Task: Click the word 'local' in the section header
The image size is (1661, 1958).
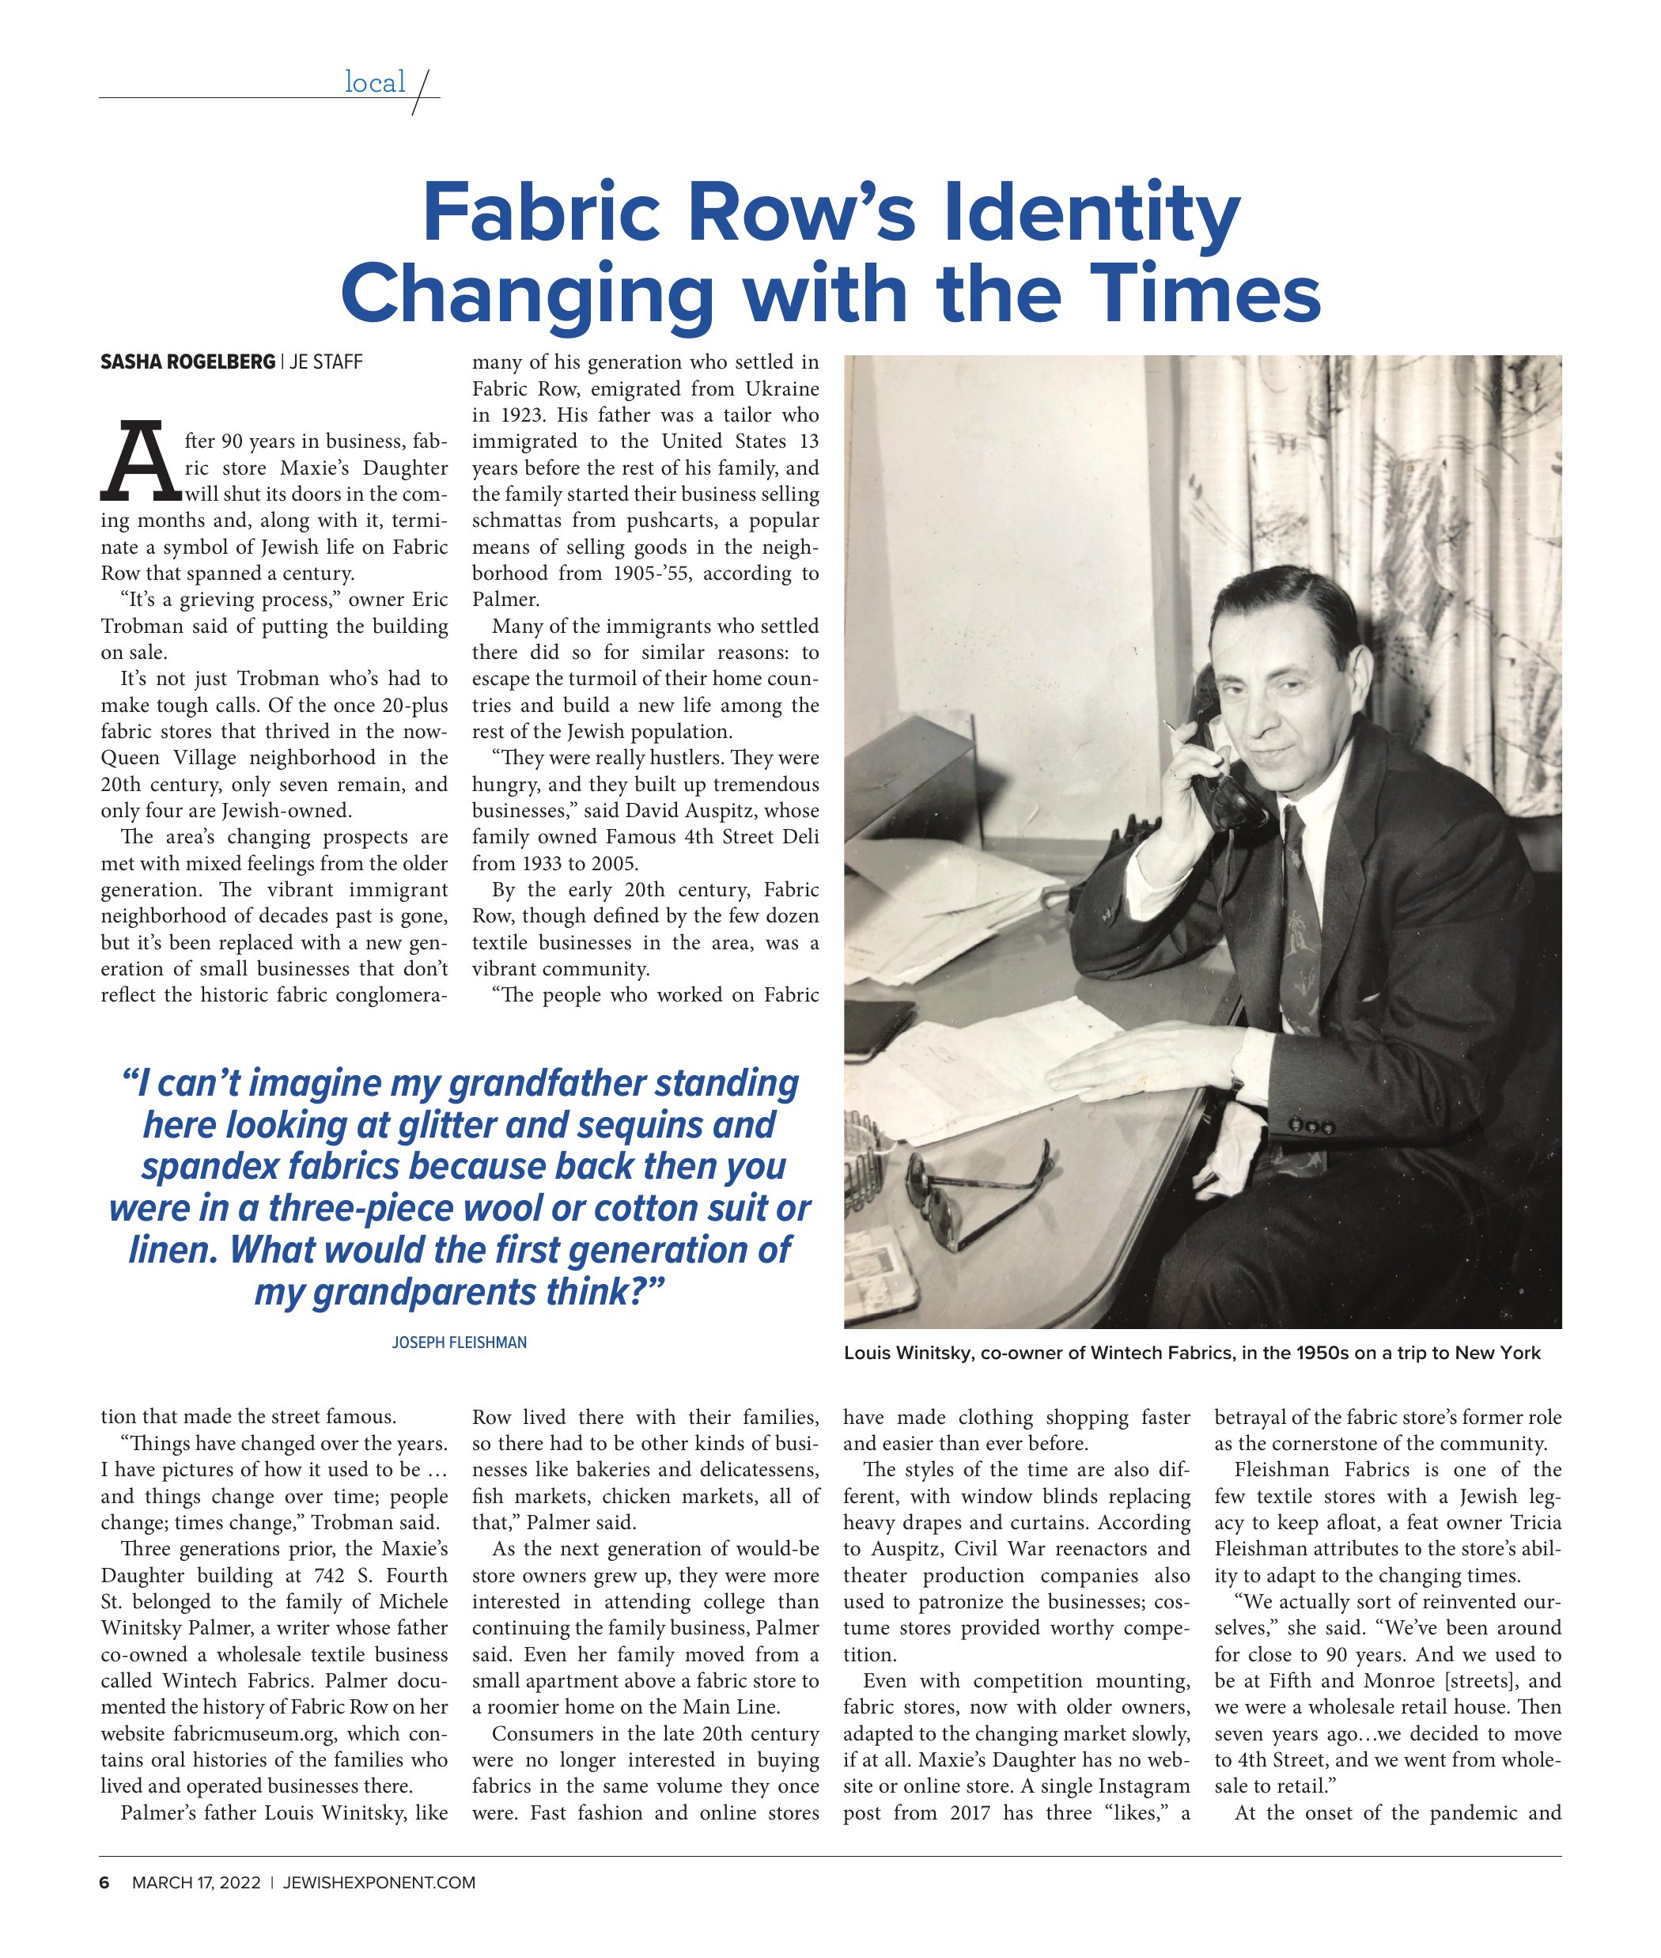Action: (x=374, y=83)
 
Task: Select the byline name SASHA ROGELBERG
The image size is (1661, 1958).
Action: (x=187, y=362)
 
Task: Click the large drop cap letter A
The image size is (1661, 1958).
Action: (x=140, y=464)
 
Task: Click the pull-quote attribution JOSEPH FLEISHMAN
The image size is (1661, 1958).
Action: (x=459, y=1342)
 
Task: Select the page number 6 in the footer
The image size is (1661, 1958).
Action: (x=104, y=1883)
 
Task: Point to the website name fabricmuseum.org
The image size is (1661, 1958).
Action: (x=263, y=1734)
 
